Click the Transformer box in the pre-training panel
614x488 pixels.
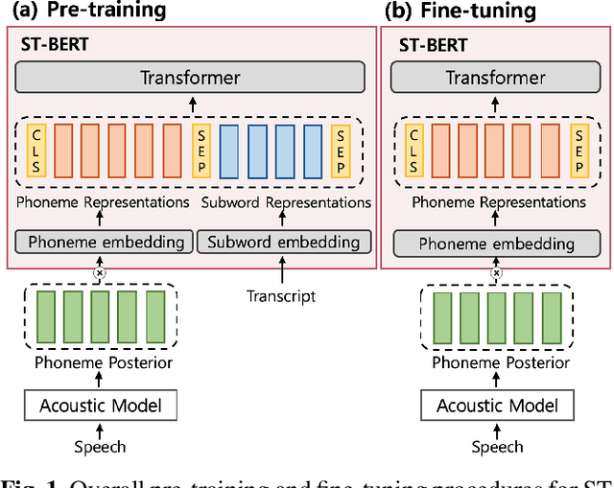click(190, 77)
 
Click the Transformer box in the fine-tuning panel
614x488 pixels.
click(496, 77)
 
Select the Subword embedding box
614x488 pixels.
click(284, 243)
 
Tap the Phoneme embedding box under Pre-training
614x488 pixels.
click(101, 243)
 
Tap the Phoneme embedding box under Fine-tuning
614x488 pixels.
click(496, 243)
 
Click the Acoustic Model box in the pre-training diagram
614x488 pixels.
click(100, 406)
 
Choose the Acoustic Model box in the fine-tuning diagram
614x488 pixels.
click(497, 406)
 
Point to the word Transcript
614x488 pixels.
click(280, 296)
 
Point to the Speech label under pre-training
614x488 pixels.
click(100, 446)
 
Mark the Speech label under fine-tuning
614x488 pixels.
click(497, 446)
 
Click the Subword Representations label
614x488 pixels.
click(285, 203)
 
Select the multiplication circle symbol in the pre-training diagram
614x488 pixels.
click(99, 273)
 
